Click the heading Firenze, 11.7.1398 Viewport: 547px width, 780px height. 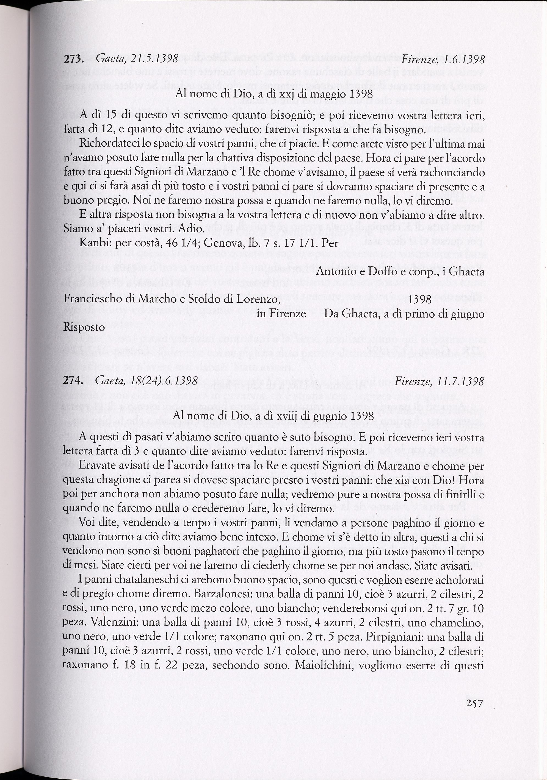click(x=439, y=381)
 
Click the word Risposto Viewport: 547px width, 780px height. click(x=84, y=327)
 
